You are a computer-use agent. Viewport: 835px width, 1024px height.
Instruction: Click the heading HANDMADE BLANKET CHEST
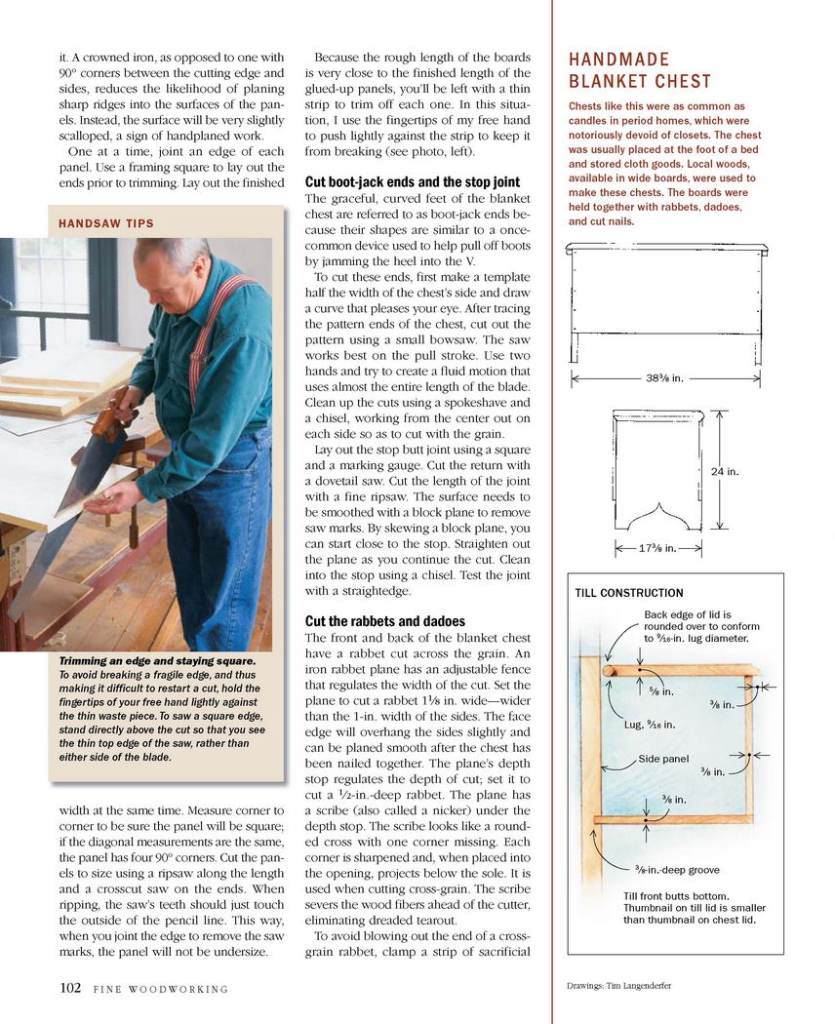pos(640,70)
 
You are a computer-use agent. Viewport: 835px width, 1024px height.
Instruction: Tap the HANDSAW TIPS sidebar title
pos(106,224)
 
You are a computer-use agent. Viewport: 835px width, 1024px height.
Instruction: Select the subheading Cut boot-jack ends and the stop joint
pos(413,182)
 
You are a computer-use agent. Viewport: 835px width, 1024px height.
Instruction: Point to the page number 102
pos(70,987)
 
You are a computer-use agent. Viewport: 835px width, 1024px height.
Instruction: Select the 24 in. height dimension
pos(725,472)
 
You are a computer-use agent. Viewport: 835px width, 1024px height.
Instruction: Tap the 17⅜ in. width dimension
pos(658,548)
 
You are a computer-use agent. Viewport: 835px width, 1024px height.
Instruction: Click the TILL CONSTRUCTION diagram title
pos(629,593)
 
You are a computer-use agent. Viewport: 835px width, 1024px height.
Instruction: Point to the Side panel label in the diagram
pos(664,759)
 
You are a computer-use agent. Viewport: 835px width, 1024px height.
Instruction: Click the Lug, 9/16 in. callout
pos(650,724)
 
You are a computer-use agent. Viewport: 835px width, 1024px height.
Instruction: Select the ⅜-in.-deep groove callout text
pos(678,870)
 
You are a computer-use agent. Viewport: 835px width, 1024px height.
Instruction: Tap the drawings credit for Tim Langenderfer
pos(619,985)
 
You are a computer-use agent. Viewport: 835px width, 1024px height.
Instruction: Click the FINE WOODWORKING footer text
pos(161,989)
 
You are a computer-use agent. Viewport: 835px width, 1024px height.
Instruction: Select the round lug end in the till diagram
pos(610,671)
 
